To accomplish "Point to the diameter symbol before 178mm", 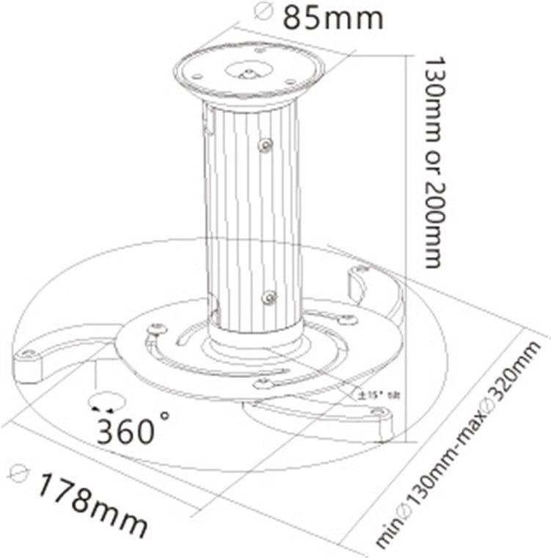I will coord(20,472).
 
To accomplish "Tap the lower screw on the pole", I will coord(269,297).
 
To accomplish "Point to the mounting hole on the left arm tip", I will coord(29,354).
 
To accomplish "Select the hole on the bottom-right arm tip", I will coord(376,413).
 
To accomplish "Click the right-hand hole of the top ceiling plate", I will coord(291,81).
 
